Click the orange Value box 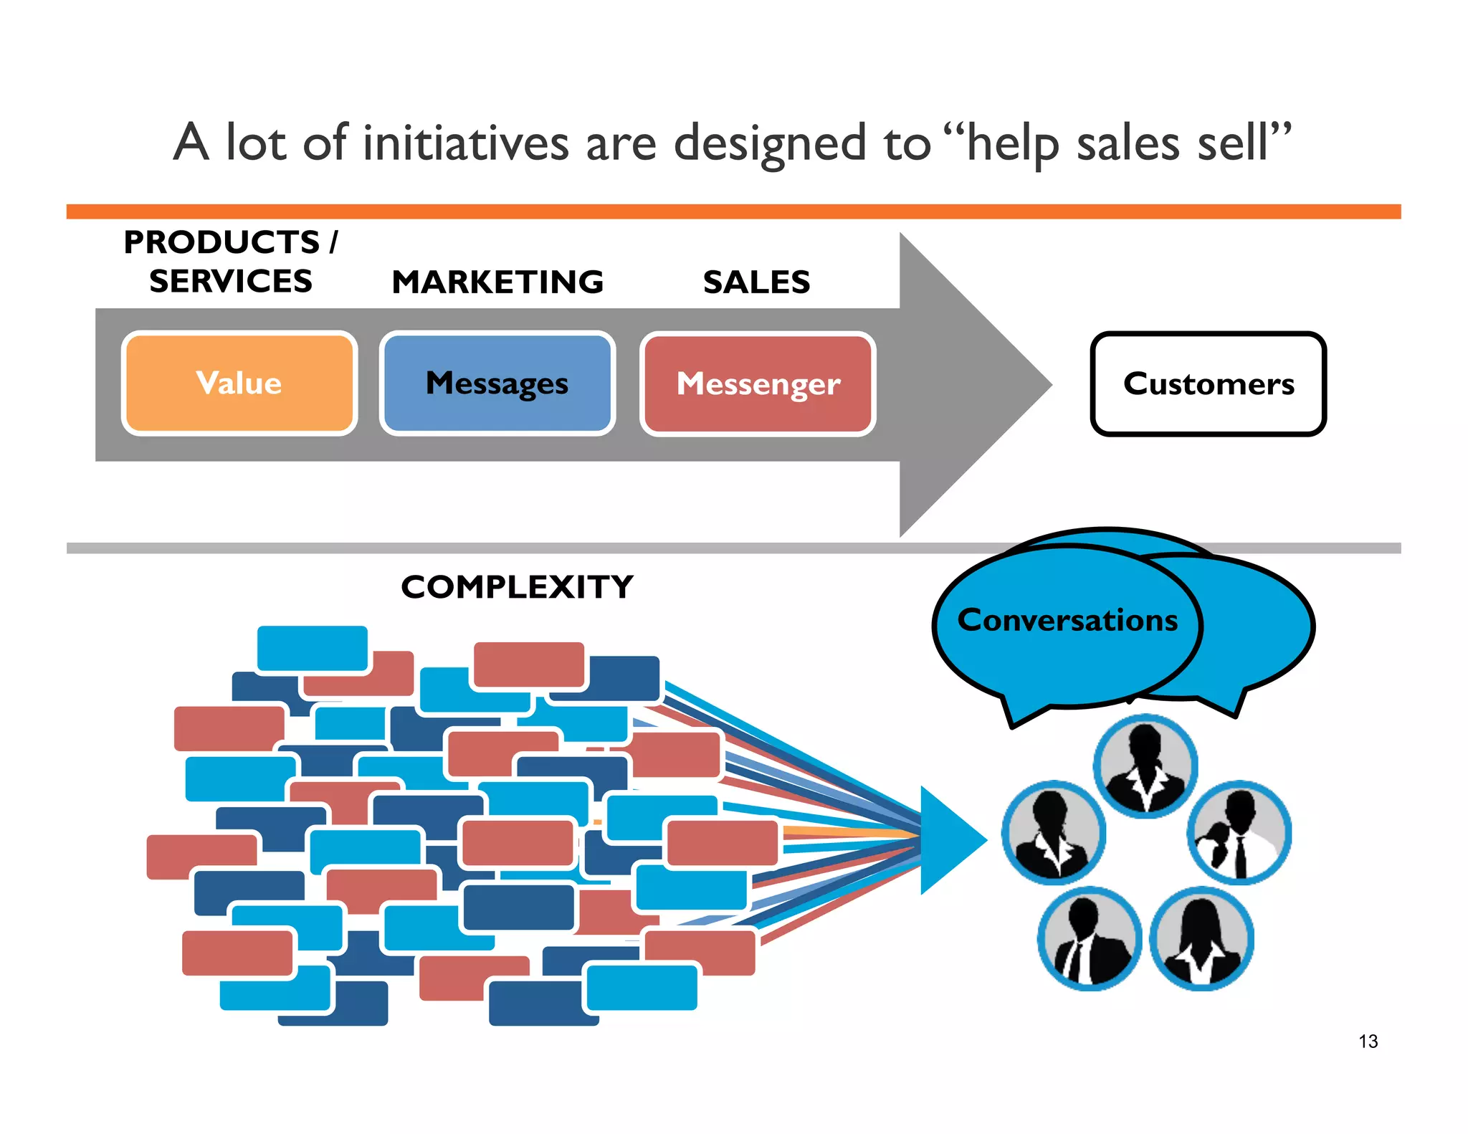(x=239, y=383)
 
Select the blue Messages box (x=497, y=383)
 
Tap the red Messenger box (x=758, y=383)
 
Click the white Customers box (x=1208, y=383)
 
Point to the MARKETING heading (x=497, y=282)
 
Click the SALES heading (x=756, y=282)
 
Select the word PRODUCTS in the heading (x=221, y=242)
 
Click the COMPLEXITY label (x=517, y=587)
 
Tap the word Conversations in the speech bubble (x=1067, y=620)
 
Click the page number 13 (x=1368, y=1041)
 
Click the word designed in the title (x=770, y=143)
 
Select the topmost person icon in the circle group (x=1145, y=766)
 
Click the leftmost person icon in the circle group (x=1053, y=832)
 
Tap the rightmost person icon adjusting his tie (x=1239, y=832)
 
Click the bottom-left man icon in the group (x=1089, y=938)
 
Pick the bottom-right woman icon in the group (x=1201, y=938)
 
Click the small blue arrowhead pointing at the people (x=950, y=839)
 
